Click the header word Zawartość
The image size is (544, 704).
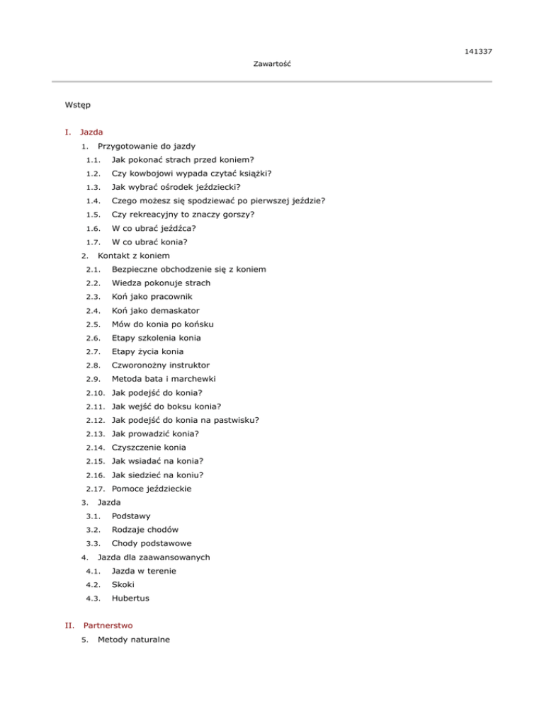coord(273,64)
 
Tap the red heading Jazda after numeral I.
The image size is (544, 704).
coord(91,132)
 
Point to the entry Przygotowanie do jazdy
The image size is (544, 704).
coord(137,146)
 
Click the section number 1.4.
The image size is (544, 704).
coord(91,200)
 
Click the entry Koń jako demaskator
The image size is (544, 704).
coord(156,310)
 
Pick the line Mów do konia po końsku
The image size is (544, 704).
coord(163,324)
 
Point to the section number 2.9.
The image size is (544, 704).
coord(91,379)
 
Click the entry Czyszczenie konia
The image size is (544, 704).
coord(149,447)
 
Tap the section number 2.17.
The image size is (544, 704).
coord(93,488)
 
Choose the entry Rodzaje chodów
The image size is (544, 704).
coord(144,529)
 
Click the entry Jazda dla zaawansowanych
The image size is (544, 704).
coord(153,557)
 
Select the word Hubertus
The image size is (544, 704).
coord(130,598)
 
